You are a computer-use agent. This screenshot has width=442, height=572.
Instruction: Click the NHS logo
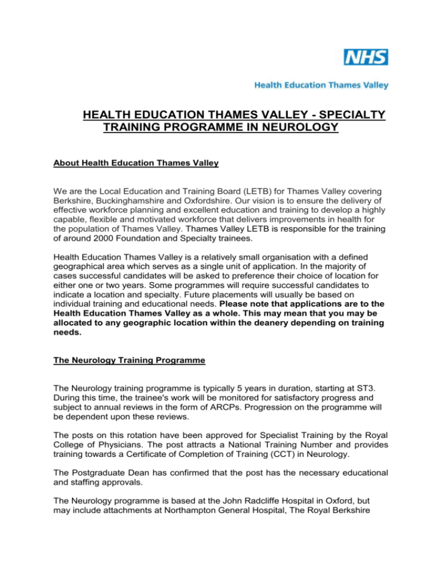(365, 57)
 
